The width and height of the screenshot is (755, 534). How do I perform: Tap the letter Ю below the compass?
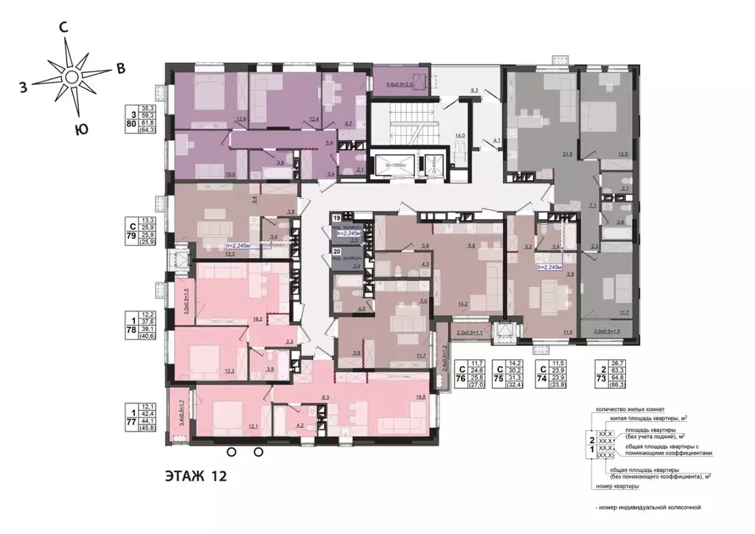(x=82, y=130)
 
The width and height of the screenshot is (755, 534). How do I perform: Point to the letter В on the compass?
(x=120, y=69)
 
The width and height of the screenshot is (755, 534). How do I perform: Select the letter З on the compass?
(x=24, y=87)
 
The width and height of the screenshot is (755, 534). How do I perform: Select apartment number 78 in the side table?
(x=131, y=331)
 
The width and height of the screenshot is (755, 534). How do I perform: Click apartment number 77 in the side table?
(x=131, y=423)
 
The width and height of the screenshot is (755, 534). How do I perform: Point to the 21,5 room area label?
(x=567, y=153)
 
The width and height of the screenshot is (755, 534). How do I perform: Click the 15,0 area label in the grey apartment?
(x=622, y=153)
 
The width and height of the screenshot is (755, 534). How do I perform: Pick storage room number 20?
(x=335, y=252)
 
